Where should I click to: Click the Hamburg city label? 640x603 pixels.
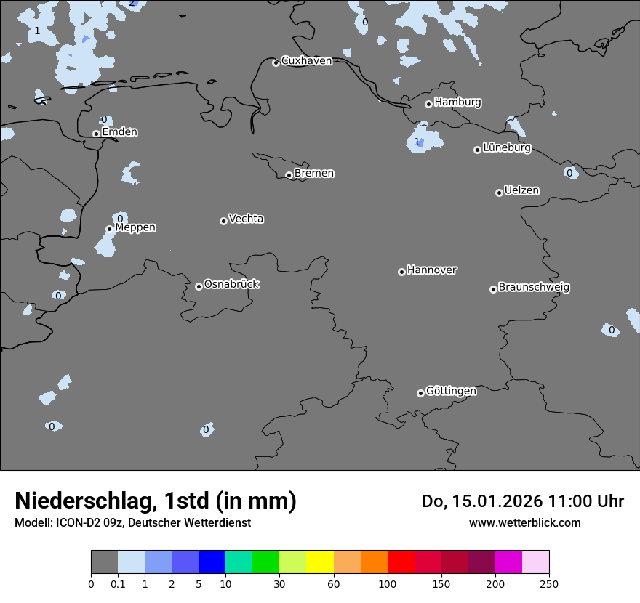[457, 102]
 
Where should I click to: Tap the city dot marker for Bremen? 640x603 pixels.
[289, 175]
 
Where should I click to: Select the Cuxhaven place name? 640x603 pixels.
[306, 61]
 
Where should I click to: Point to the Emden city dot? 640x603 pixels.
[96, 134]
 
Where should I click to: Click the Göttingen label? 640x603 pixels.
[451, 392]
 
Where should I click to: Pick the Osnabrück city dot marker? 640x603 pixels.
[199, 286]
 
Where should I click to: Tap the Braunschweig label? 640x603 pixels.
[534, 288]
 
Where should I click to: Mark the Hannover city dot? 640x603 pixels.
[401, 272]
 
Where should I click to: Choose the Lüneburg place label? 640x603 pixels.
[507, 148]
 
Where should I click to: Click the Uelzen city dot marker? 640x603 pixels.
[499, 193]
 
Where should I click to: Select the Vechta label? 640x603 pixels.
[246, 219]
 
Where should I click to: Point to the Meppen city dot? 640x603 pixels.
[109, 229]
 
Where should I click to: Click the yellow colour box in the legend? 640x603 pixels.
[320, 562]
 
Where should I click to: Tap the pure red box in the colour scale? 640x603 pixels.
[401, 562]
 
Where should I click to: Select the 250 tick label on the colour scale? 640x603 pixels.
[549, 584]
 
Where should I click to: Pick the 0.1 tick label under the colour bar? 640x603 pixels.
[118, 584]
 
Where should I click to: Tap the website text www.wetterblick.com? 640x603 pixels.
[524, 523]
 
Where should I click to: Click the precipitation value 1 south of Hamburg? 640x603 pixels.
[417, 142]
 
